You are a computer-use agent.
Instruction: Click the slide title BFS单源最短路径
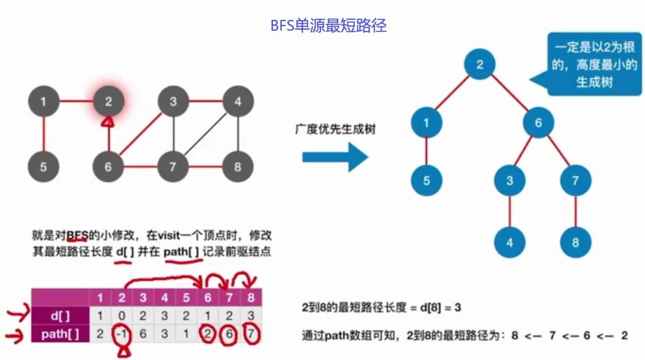329,26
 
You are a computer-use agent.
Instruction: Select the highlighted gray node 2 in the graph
108,102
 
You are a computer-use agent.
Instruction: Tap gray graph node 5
44,168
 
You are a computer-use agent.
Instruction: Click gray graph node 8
238,168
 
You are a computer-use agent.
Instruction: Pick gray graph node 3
173,102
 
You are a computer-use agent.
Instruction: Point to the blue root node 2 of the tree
480,64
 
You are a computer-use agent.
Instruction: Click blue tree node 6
538,122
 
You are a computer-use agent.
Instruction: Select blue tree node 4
510,242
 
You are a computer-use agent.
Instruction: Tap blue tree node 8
575,242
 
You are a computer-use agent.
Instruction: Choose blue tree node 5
427,180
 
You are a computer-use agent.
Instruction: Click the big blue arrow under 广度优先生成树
334,157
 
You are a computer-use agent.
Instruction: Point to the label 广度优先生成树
335,129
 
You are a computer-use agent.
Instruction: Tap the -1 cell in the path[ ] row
122,334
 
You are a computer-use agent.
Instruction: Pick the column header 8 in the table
250,298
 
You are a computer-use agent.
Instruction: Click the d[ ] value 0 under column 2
122,316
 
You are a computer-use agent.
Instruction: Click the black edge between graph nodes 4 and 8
238,135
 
